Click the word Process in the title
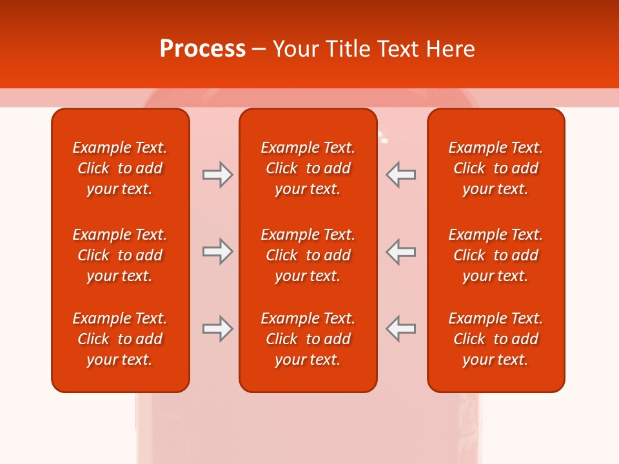click(x=202, y=49)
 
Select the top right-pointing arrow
click(x=217, y=174)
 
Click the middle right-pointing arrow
click(x=217, y=251)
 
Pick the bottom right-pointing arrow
click(x=217, y=329)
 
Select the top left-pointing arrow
click(x=400, y=174)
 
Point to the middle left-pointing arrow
click(x=400, y=251)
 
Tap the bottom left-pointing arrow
click(x=400, y=329)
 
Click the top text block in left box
click(x=120, y=168)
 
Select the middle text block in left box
click(x=120, y=255)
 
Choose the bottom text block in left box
click(x=120, y=339)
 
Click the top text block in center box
click(x=308, y=168)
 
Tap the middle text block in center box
click(x=308, y=255)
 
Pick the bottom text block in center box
click(x=308, y=339)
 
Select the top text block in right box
click(x=496, y=168)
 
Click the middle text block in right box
click(x=496, y=255)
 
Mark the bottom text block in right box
click(x=496, y=339)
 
